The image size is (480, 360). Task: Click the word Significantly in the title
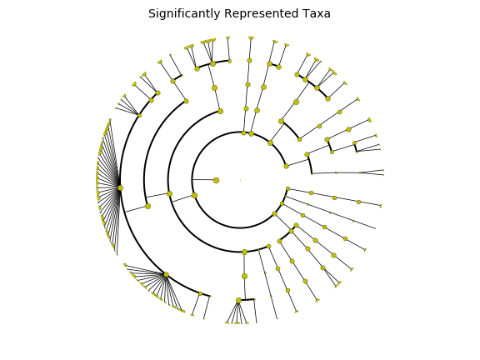click(x=184, y=14)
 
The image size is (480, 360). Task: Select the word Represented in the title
click(x=261, y=14)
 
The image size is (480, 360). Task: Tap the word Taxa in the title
click(x=317, y=14)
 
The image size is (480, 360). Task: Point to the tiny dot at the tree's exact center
click(x=240, y=180)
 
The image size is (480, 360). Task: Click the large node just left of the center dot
click(x=216, y=180)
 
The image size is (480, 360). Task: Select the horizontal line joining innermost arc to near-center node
click(x=203, y=180)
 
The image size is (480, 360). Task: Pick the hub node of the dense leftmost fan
click(x=120, y=188)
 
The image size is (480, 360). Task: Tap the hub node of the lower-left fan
click(x=166, y=275)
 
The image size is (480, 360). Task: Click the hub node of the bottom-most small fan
click(x=239, y=301)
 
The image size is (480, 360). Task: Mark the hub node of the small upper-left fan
click(x=140, y=115)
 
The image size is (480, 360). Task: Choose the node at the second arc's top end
click(x=220, y=111)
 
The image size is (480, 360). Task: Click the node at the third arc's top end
click(x=186, y=102)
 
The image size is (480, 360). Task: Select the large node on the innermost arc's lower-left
click(x=194, y=195)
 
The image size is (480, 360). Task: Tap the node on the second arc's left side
click(x=170, y=194)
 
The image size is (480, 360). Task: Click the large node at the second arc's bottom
click(x=244, y=252)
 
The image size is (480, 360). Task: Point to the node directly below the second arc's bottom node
click(x=244, y=277)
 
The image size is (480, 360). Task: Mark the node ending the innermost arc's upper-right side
click(x=286, y=166)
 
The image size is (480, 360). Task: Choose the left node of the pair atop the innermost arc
click(x=243, y=132)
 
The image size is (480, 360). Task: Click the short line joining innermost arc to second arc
click(x=182, y=198)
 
